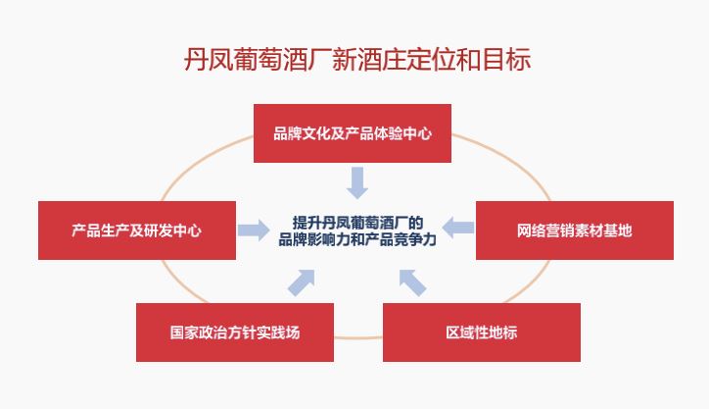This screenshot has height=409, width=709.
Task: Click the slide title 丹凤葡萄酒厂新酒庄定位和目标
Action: tap(357, 59)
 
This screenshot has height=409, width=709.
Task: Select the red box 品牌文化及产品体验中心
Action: tap(353, 133)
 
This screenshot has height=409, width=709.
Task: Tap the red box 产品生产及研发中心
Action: tap(137, 230)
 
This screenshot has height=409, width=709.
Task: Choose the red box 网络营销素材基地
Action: tap(575, 230)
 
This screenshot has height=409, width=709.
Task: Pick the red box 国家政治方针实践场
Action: tap(235, 332)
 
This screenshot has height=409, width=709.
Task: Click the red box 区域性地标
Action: tap(482, 332)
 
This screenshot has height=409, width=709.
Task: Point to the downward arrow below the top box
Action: tap(357, 183)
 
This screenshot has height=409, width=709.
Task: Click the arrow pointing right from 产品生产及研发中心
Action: tap(254, 230)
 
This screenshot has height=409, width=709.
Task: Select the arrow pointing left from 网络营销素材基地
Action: tap(458, 228)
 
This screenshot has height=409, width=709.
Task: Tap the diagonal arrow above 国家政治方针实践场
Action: tap(302, 282)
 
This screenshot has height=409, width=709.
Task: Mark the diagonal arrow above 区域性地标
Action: tap(412, 282)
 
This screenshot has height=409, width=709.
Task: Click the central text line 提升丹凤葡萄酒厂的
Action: tap(357, 223)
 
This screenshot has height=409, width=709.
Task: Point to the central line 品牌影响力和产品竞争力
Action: tap(357, 239)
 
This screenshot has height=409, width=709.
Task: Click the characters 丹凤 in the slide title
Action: tap(208, 59)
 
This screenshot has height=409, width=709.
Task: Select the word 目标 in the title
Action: tap(506, 59)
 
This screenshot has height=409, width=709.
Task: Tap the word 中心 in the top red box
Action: tap(417, 133)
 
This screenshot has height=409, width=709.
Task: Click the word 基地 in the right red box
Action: tap(618, 231)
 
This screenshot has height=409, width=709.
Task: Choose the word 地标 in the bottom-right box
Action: tap(503, 332)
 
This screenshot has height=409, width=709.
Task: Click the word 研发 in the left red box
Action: tap(159, 231)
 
